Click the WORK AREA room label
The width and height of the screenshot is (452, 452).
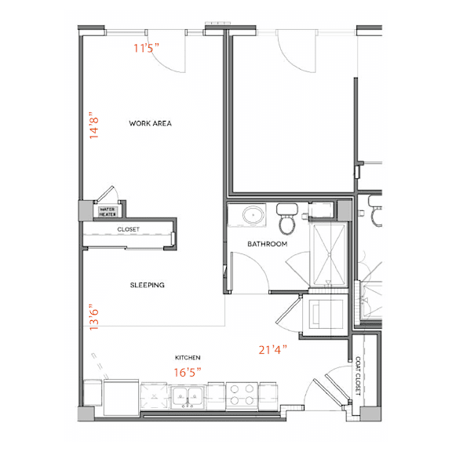(x=150, y=123)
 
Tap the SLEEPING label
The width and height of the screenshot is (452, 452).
(x=148, y=285)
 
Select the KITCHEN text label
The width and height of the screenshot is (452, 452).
(x=188, y=358)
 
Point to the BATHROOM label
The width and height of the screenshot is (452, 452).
(x=268, y=244)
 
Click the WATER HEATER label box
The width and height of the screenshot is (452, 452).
(x=108, y=212)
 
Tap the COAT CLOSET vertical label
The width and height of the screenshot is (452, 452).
(x=358, y=376)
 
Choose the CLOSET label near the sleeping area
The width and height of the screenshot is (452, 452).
(x=128, y=229)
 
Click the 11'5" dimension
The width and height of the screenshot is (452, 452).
(x=146, y=48)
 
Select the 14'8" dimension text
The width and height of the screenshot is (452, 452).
(x=94, y=126)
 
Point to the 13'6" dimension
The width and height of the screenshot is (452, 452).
(x=94, y=317)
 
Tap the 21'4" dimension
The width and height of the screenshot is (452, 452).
(x=273, y=350)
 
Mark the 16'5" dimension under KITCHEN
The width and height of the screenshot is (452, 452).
(x=188, y=372)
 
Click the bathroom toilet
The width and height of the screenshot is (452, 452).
(x=287, y=219)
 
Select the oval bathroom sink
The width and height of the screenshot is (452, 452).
(x=253, y=215)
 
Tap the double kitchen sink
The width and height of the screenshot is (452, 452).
(x=188, y=397)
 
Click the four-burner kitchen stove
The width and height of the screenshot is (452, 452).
(x=242, y=395)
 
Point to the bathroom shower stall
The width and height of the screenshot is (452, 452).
(x=329, y=254)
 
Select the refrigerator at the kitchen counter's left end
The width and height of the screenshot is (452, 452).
(x=122, y=398)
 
